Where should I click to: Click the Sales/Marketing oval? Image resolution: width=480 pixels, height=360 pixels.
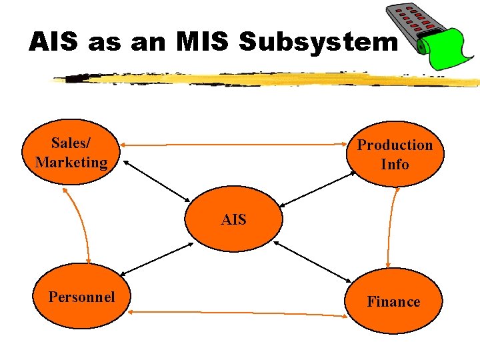coord(71,153)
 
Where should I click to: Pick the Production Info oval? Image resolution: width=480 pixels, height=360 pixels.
coord(395,154)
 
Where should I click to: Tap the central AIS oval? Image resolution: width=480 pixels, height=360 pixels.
coord(233,219)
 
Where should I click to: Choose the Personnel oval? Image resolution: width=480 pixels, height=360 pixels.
coord(81,297)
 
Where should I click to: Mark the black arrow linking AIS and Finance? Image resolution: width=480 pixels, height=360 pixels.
coord(313,260)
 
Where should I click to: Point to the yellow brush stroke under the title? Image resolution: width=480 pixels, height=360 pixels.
coord(267,79)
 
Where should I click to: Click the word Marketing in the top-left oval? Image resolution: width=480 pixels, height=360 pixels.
coord(71,162)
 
